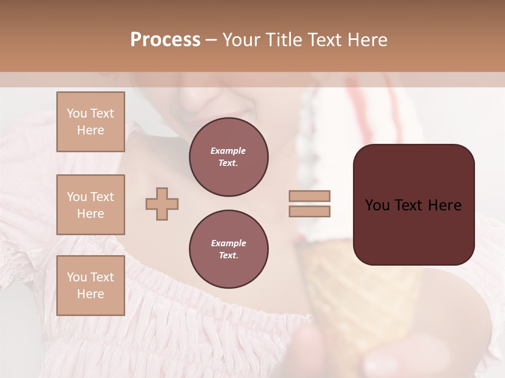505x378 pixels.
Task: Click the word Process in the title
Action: pos(165,40)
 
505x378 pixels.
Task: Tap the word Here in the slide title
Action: pos(366,40)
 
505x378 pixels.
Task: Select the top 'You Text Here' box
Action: pos(90,122)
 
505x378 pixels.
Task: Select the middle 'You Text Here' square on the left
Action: pos(90,205)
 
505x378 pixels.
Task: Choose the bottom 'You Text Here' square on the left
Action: pos(90,285)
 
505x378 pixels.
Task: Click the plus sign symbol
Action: pos(162,204)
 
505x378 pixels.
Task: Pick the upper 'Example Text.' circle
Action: pos(228,157)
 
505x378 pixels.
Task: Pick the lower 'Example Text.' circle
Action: pos(228,249)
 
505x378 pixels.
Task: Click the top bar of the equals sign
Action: pos(309,196)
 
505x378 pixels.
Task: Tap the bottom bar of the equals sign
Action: pos(309,211)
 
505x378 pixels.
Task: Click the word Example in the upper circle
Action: pos(228,151)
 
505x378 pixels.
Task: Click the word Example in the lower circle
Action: pos(228,243)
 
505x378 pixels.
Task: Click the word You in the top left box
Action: pos(77,113)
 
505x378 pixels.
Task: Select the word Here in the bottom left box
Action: pos(90,294)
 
